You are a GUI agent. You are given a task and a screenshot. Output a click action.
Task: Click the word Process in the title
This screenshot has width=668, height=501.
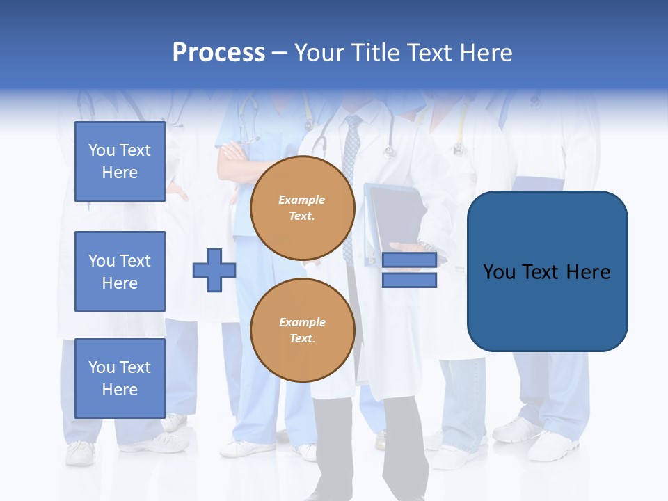point(218,53)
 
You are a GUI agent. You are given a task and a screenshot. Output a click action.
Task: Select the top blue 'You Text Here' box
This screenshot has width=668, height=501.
point(120,161)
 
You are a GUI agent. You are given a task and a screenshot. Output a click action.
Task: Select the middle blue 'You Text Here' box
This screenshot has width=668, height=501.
point(120,271)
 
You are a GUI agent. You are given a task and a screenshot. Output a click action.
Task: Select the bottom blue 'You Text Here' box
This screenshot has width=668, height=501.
point(120,378)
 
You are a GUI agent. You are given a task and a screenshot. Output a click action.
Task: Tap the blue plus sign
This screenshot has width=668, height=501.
point(214,271)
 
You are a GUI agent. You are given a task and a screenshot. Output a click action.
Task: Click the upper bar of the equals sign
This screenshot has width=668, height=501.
point(409,260)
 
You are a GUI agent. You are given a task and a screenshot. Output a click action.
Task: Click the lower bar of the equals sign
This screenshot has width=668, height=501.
point(409,280)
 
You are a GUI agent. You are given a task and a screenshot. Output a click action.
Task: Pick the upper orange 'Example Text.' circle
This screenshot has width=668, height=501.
point(302,208)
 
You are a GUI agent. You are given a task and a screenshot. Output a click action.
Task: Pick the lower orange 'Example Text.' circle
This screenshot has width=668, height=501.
point(302,331)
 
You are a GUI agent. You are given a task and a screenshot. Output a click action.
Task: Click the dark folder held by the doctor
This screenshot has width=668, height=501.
point(393,216)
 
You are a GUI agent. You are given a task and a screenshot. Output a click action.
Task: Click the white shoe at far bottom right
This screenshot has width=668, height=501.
point(553,445)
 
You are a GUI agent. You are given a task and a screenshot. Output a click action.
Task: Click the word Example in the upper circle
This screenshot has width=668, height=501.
point(302,200)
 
